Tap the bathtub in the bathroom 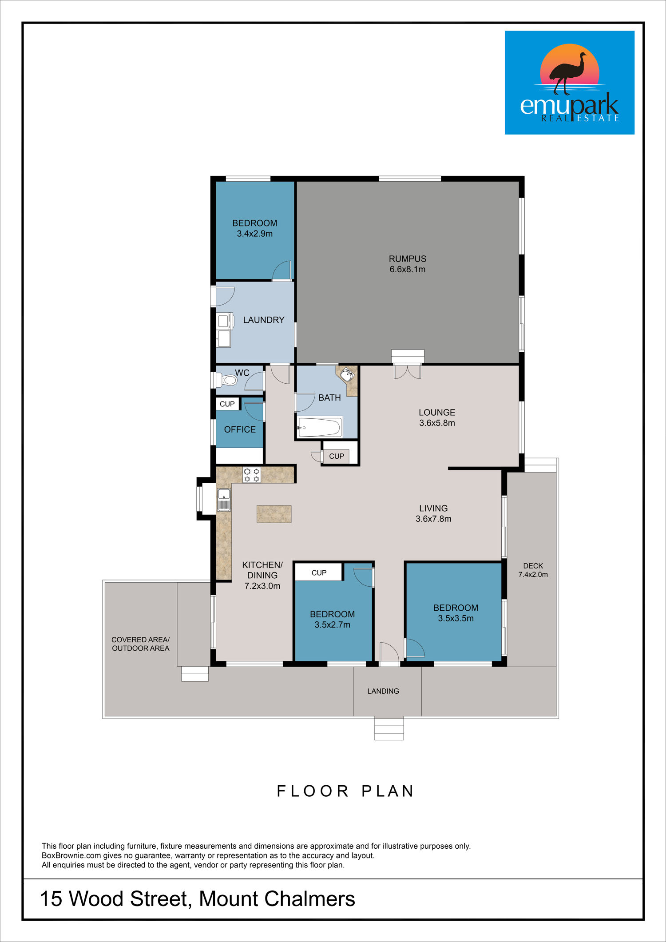coord(320,427)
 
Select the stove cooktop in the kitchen coord(252,475)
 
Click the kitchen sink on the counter coord(224,499)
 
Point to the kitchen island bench coord(274,514)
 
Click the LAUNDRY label coord(264,320)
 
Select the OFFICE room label coord(240,429)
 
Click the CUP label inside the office coord(227,404)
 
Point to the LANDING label coord(383,691)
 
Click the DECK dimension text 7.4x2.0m coord(533,574)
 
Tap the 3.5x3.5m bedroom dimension coord(456,618)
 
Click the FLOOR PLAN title coord(345,791)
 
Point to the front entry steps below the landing coord(389,728)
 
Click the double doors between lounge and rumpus coord(407,372)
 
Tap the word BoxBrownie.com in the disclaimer coord(71,855)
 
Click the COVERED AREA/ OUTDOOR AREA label coord(140,644)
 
